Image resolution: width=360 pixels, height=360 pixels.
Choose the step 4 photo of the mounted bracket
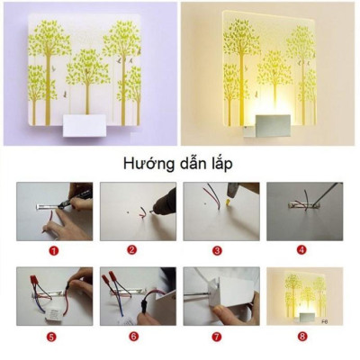tap(302, 211)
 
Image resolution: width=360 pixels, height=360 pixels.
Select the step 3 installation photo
tap(220, 211)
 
